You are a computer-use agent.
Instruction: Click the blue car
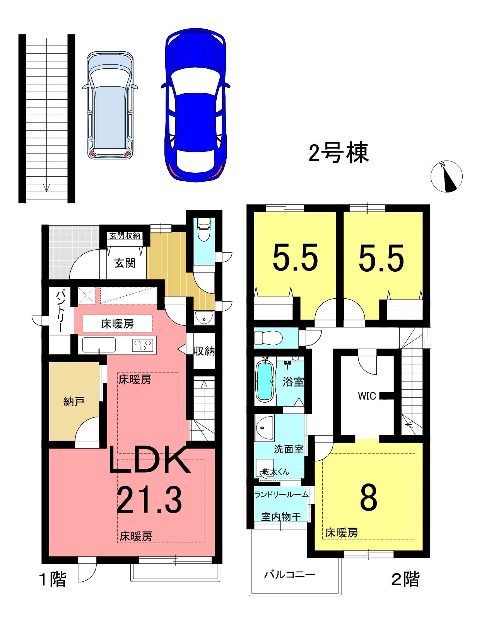196,105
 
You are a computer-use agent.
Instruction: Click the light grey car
110,106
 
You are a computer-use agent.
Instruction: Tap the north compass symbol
446,176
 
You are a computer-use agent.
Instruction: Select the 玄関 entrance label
125,263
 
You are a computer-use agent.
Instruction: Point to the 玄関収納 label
125,236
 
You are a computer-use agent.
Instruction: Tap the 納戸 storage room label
74,402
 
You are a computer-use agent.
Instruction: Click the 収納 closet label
204,351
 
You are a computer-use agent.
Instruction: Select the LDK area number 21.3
149,500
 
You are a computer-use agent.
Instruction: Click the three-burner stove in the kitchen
144,344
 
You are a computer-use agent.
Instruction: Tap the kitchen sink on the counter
99,345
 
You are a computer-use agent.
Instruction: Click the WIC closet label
367,396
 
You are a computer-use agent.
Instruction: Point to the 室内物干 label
281,517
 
